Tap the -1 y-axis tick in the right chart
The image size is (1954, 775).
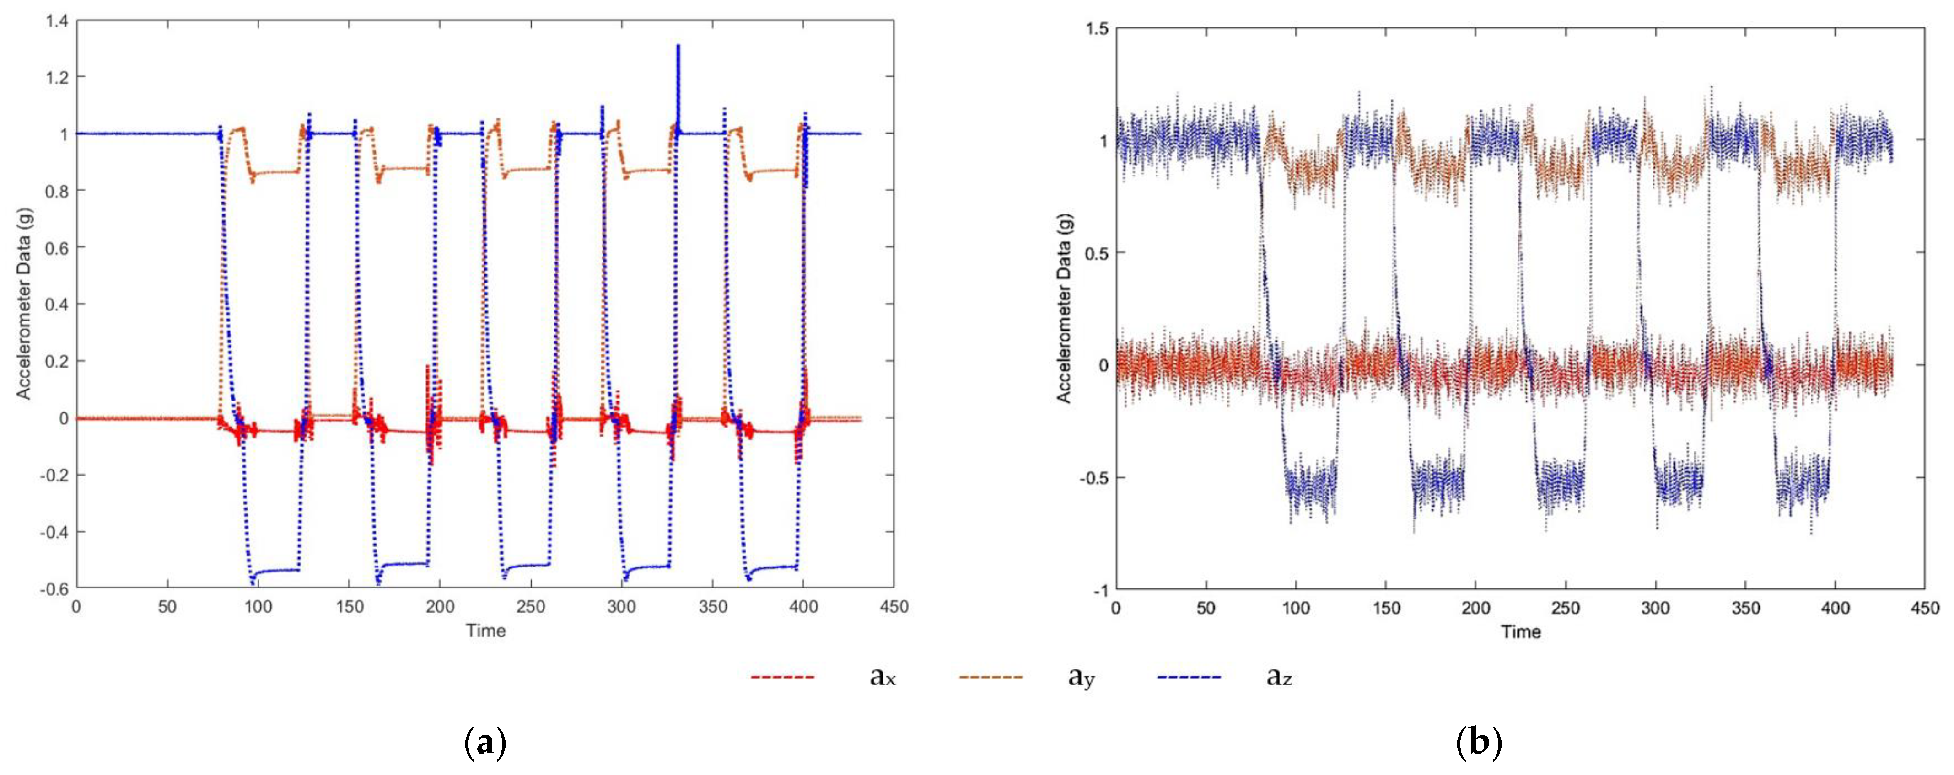tap(1100, 590)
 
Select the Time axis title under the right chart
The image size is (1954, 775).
tap(1521, 632)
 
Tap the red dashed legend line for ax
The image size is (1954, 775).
tap(782, 676)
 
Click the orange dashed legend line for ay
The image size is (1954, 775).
tap(990, 676)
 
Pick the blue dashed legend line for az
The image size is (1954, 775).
tap(1190, 676)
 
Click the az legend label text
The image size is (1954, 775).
tap(1279, 676)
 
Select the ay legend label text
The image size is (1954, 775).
tap(1081, 676)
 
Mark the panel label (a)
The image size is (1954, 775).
tap(484, 743)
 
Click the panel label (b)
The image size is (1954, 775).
tap(1478, 743)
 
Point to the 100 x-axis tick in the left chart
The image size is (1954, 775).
tap(258, 607)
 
